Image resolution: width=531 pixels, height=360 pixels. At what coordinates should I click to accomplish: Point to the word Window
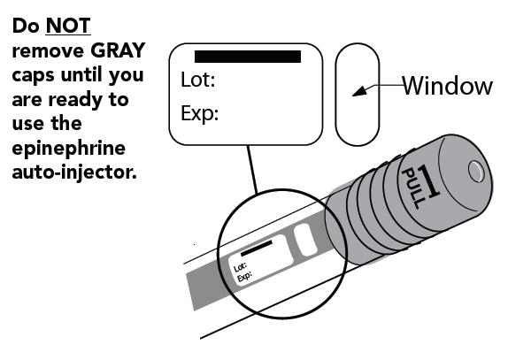coord(447,86)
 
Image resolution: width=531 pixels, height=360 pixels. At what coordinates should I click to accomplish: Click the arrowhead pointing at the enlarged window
coord(358,91)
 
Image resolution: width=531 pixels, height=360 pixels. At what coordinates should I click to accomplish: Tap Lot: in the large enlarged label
coord(198,81)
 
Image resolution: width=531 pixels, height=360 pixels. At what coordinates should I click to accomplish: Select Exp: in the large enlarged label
coord(199,114)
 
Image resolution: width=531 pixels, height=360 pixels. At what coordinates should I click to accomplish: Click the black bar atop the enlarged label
coord(247,57)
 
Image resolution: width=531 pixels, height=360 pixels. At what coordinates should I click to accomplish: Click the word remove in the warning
coord(42,51)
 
